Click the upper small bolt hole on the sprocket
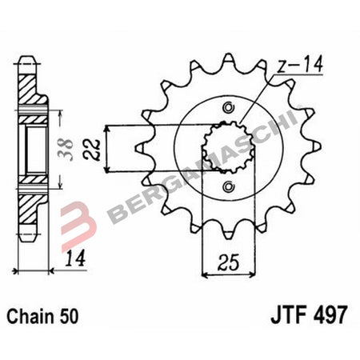(229, 108)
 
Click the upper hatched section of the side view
(30, 89)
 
